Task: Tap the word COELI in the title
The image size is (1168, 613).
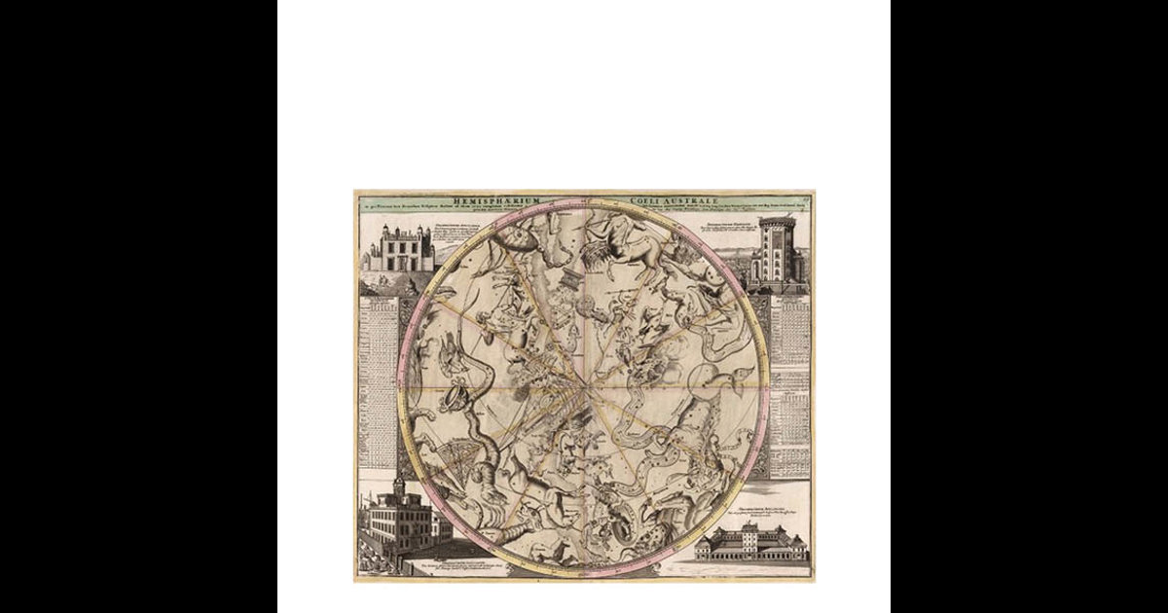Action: (x=646, y=200)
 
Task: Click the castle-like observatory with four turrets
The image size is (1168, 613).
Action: (x=397, y=249)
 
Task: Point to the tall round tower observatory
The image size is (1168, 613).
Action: (x=777, y=251)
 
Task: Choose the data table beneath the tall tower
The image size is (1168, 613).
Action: (x=789, y=384)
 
